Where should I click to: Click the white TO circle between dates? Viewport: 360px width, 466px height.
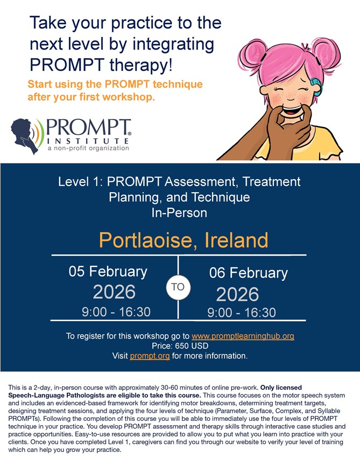[x=178, y=287]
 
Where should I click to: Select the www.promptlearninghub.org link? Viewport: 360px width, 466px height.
[x=243, y=336]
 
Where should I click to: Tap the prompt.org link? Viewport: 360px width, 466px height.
[x=150, y=356]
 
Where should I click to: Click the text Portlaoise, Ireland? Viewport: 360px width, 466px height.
[x=183, y=240]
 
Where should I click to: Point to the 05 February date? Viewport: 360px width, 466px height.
[x=108, y=272]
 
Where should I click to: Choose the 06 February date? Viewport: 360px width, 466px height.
[x=248, y=273]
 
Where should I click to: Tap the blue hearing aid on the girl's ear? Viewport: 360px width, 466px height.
[x=316, y=87]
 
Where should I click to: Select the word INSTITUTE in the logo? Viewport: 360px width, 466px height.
[x=88, y=140]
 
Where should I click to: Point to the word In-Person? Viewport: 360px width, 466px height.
[x=179, y=213]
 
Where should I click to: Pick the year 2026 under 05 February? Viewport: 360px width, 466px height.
[x=114, y=292]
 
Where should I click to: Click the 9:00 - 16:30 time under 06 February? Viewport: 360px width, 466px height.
[x=242, y=313]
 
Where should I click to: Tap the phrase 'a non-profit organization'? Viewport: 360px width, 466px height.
[x=88, y=148]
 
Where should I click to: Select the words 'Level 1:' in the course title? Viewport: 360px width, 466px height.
[x=80, y=181]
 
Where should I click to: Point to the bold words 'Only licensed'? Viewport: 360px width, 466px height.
[x=281, y=387]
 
